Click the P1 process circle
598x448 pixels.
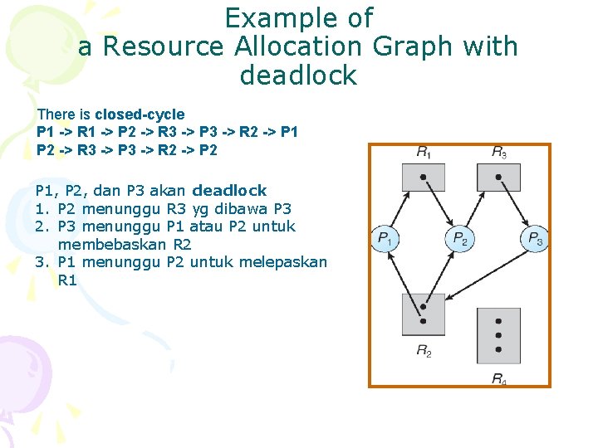(385, 240)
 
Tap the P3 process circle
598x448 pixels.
(535, 240)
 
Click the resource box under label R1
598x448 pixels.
(424, 178)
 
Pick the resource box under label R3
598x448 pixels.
(498, 178)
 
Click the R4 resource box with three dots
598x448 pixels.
(498, 336)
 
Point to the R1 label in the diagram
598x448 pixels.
(424, 153)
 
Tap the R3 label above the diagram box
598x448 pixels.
(498, 153)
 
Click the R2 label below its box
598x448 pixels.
(424, 352)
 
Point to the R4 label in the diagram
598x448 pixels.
(498, 379)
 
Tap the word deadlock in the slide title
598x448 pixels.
(298, 75)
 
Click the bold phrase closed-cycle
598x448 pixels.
(140, 114)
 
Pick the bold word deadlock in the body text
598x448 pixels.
(229, 191)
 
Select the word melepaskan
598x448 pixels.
(282, 262)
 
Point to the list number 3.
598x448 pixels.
(40, 262)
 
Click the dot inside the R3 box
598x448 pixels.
(498, 177)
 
